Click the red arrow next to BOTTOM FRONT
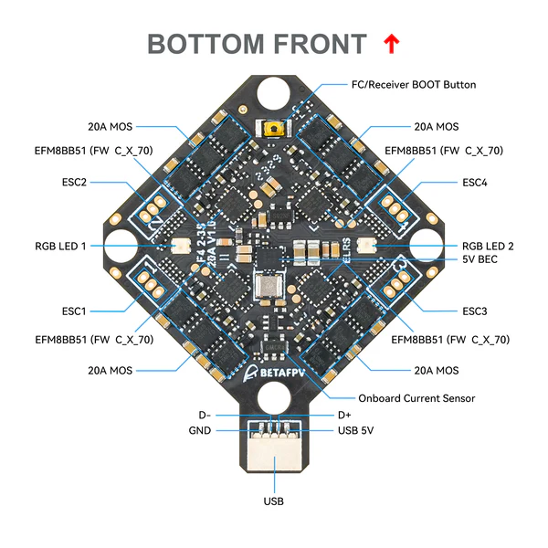[x=391, y=43]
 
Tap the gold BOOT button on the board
[x=273, y=131]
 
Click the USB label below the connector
[x=274, y=501]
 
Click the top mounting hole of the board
[x=274, y=92]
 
